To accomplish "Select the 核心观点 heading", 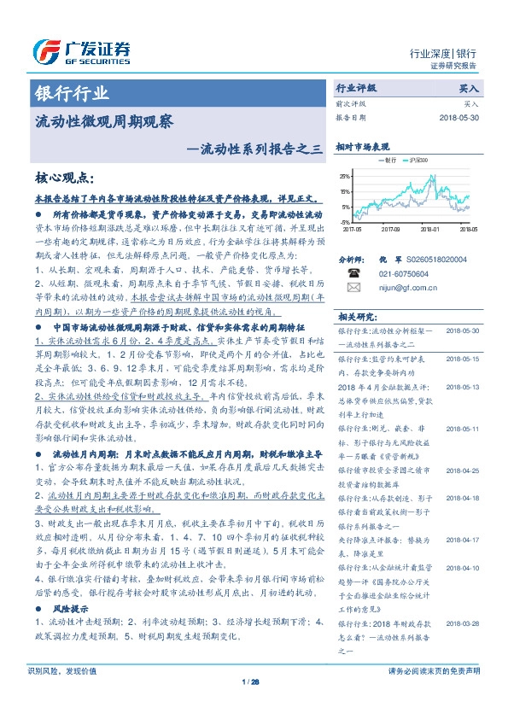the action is pyautogui.click(x=64, y=178).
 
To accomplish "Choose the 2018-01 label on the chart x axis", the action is pyautogui.click(x=430, y=230).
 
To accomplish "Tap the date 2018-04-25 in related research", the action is pyautogui.click(x=466, y=470).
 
